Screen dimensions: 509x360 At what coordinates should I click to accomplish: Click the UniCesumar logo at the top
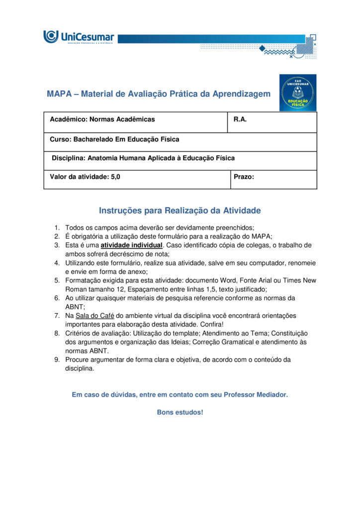pos(79,37)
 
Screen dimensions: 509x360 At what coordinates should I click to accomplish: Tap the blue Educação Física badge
pos(297,92)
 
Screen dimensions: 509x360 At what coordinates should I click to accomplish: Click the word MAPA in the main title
pos(59,94)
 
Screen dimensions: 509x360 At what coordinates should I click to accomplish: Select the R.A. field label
pos(240,119)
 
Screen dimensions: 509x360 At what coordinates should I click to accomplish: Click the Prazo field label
pos(244,176)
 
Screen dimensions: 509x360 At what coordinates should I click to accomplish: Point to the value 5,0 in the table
pos(115,176)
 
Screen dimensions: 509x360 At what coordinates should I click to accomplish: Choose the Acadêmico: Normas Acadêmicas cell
pos(102,119)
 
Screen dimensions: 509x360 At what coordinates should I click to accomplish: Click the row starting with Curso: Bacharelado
pos(114,139)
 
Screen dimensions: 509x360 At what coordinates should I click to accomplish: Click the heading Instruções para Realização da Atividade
pos(180,211)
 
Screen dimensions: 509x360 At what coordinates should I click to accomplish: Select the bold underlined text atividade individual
pos(131,245)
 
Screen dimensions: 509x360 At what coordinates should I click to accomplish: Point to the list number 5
pos(57,280)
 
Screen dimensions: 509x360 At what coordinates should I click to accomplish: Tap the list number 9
pos(57,359)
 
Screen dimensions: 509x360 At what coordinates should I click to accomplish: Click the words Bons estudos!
pos(180,413)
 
